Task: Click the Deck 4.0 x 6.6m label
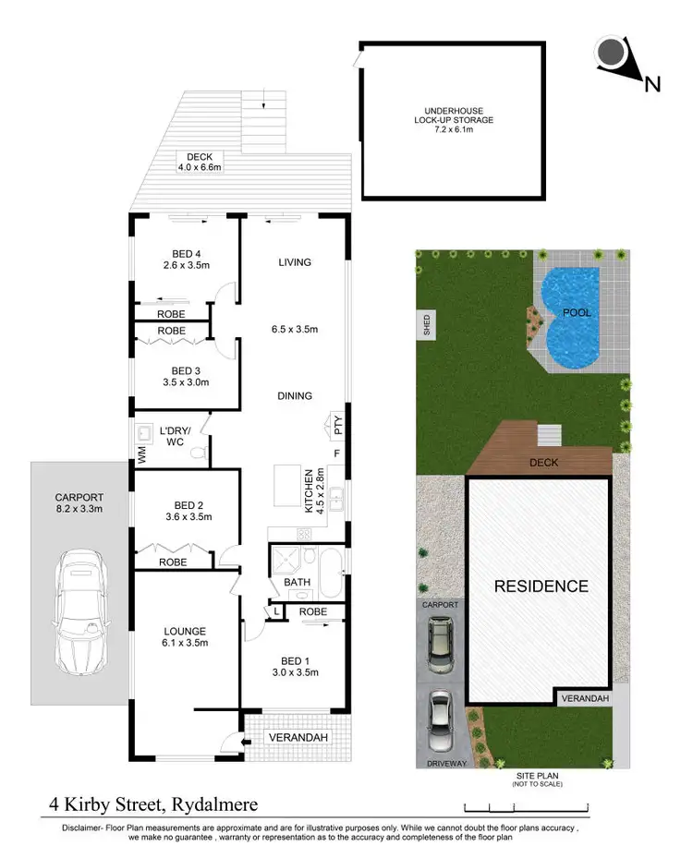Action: point(200,163)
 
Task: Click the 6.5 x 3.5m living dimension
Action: point(295,329)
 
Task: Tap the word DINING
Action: point(295,395)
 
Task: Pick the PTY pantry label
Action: point(336,426)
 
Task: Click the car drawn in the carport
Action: point(79,610)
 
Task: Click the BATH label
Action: point(297,583)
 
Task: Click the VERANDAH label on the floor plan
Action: point(298,738)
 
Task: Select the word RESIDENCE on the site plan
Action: point(540,586)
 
